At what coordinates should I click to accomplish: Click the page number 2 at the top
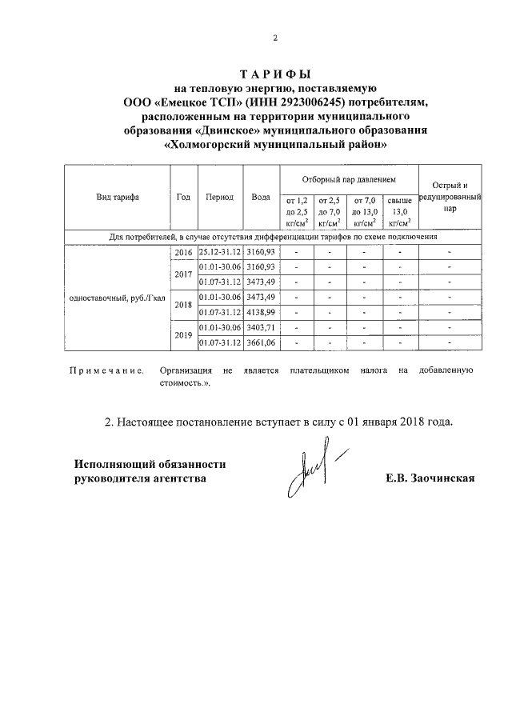tap(274, 38)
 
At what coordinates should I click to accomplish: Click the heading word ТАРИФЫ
tap(274, 74)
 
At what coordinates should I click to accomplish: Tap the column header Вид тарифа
tap(117, 197)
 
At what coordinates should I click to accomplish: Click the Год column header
tap(183, 197)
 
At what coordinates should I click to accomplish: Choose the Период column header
tap(219, 197)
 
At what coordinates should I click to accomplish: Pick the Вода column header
tap(260, 197)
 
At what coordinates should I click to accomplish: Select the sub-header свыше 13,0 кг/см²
tap(399, 211)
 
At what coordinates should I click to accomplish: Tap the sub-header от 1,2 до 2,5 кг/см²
tap(296, 211)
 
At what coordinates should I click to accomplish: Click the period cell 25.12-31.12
tap(220, 253)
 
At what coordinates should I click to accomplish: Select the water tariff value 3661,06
tap(261, 342)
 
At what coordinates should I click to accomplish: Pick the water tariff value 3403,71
tap(261, 327)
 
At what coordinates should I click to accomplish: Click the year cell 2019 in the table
tap(183, 335)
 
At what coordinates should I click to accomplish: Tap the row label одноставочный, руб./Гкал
tap(117, 298)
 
